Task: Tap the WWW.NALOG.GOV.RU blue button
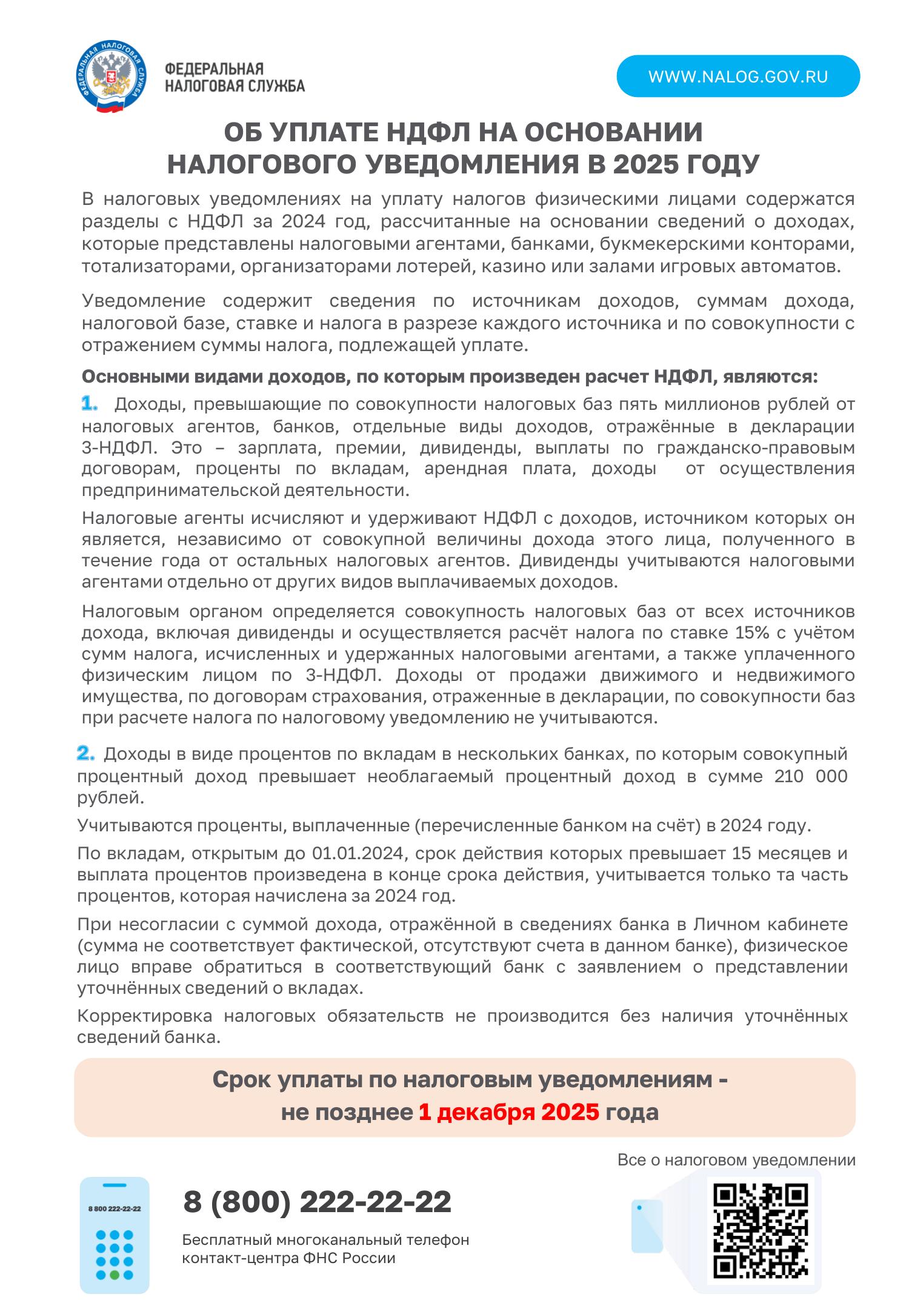point(738,76)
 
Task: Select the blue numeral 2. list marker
point(86,754)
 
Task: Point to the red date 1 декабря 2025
point(508,1113)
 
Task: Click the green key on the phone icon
point(114,1275)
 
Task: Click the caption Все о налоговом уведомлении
point(736,1161)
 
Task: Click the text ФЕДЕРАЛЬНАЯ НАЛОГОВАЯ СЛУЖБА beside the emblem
point(235,78)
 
